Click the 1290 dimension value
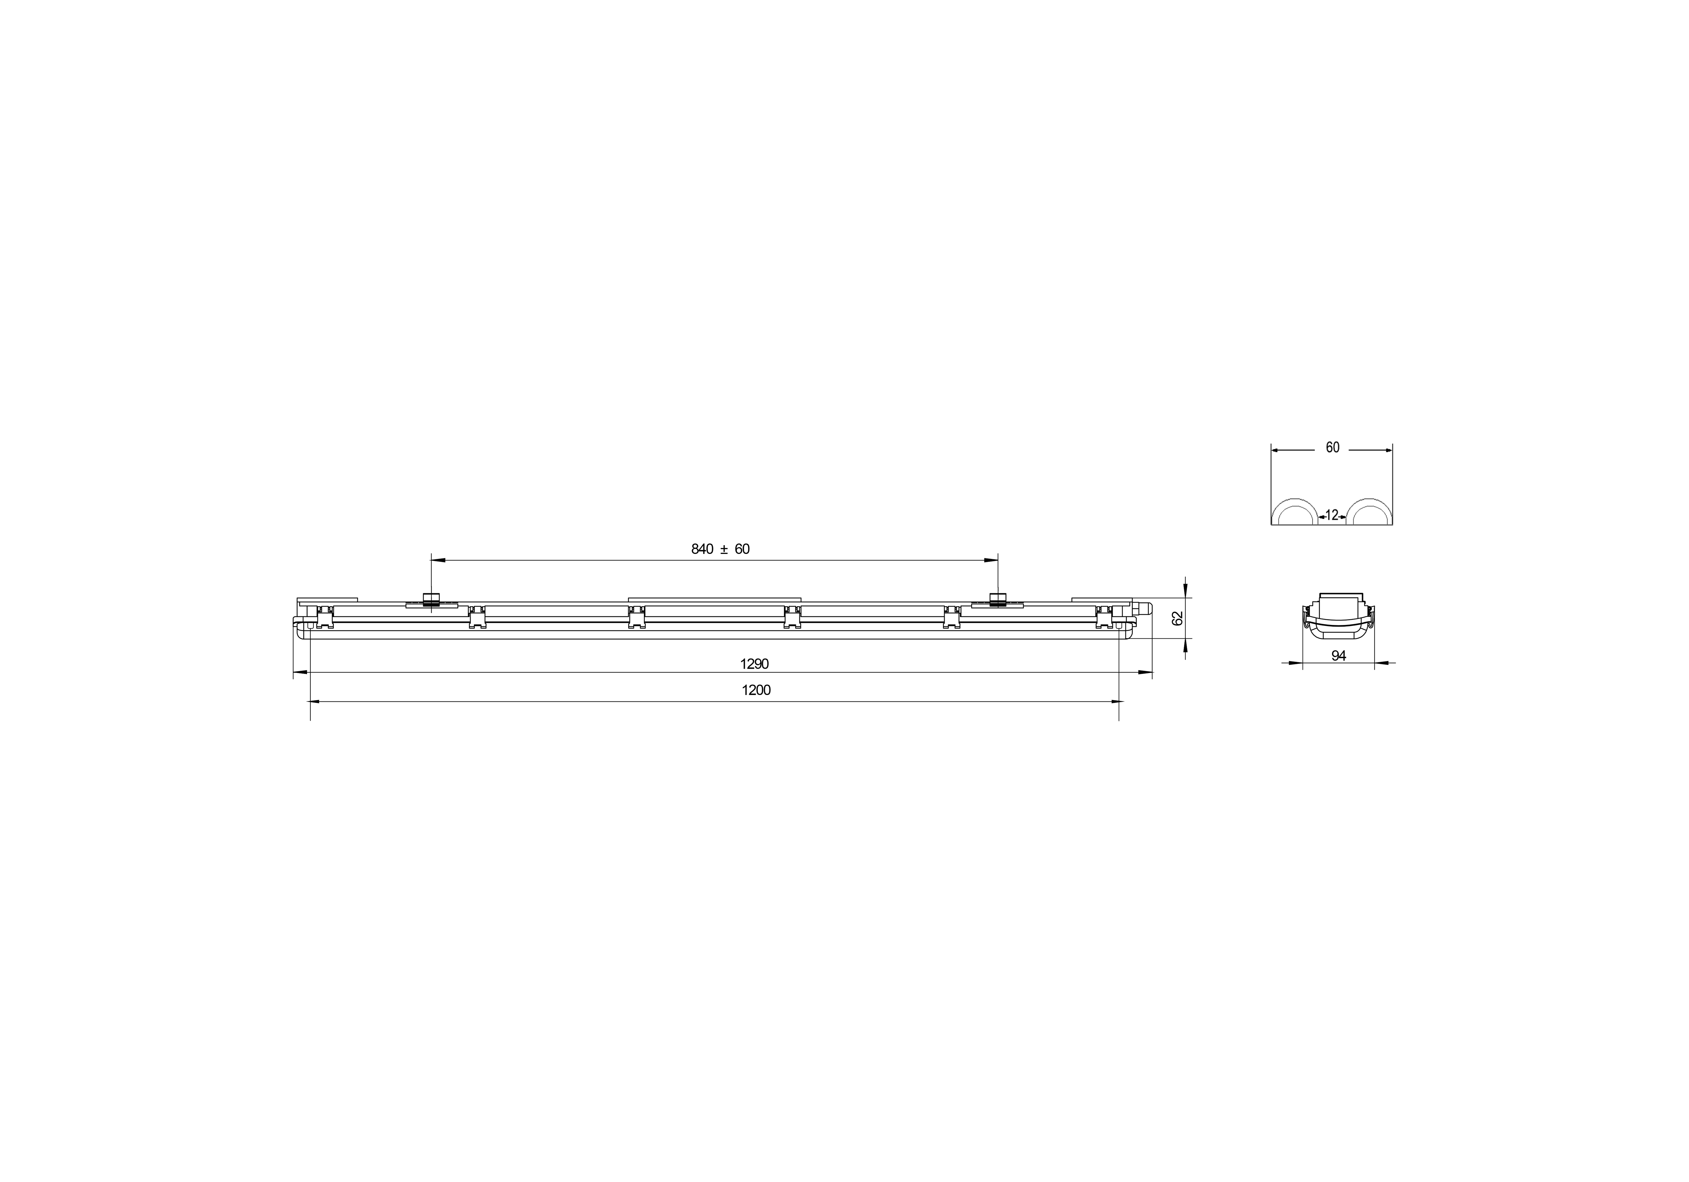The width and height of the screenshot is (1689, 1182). pos(754,664)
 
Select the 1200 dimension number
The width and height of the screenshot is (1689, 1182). pos(756,691)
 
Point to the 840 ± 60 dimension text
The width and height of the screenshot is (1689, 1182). pos(720,549)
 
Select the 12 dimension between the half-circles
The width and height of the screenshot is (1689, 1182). pos(1332,515)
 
